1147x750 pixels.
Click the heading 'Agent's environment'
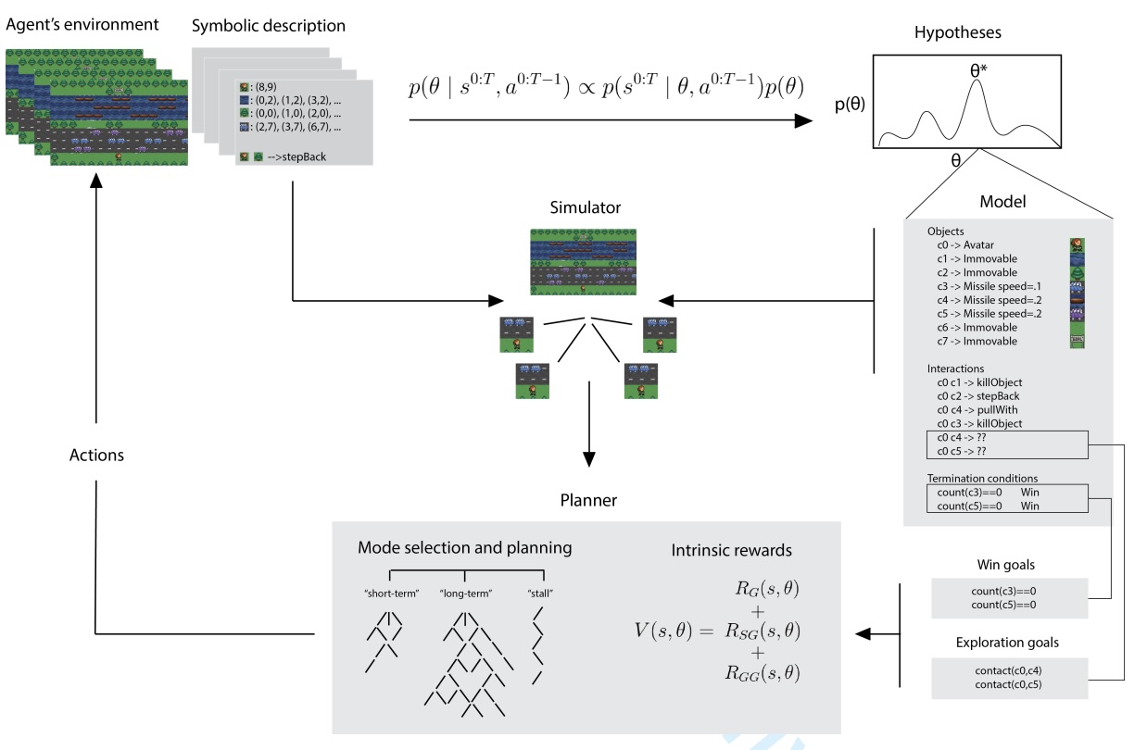[x=82, y=23]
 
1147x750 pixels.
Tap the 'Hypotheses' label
[x=957, y=32]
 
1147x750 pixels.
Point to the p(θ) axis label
[x=850, y=104]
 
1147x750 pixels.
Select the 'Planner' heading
[x=588, y=500]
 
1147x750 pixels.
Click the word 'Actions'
[x=96, y=456]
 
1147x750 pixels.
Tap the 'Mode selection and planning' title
[x=464, y=547]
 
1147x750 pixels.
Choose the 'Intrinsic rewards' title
[x=731, y=551]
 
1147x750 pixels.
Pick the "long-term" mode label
[x=466, y=593]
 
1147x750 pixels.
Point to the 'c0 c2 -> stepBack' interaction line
[x=978, y=395]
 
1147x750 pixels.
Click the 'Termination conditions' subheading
[x=981, y=478]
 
